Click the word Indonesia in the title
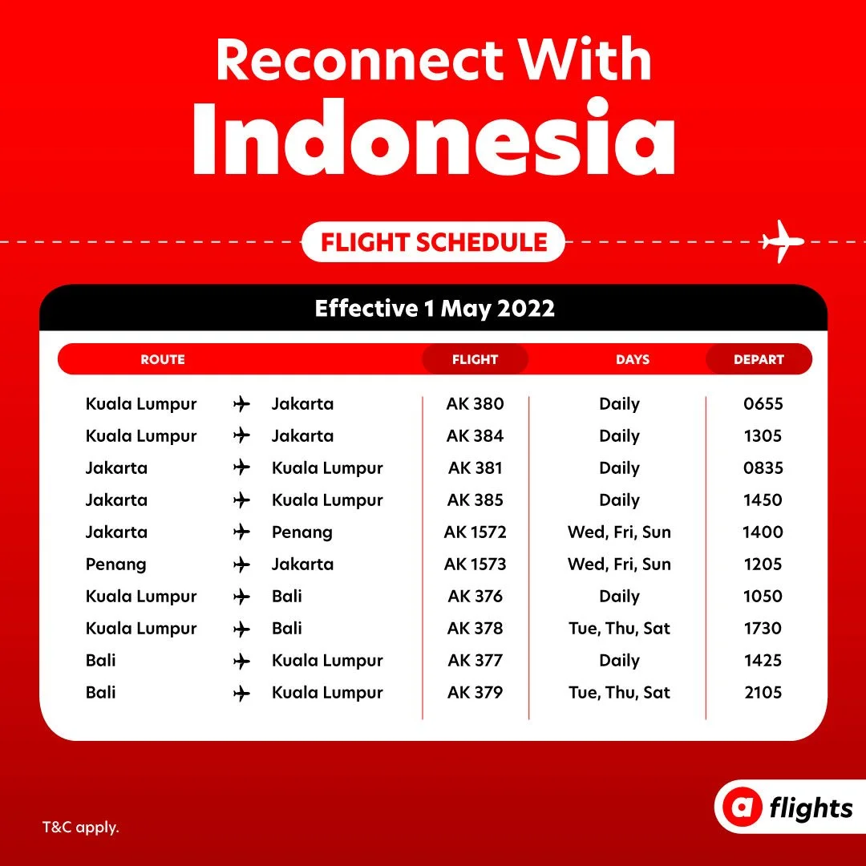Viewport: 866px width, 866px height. [x=434, y=138]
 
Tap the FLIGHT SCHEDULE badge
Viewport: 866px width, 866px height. [x=434, y=242]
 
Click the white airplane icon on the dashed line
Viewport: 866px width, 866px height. [x=782, y=241]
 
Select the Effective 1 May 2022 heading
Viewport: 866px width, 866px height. [x=435, y=308]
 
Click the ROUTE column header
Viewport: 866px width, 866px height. [x=162, y=359]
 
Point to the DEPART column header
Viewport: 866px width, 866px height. [x=759, y=359]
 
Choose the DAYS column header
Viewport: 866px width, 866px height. [x=633, y=359]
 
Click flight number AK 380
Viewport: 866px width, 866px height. [x=475, y=403]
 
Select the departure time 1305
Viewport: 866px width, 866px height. [x=763, y=435]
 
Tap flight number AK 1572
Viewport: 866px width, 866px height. [x=475, y=532]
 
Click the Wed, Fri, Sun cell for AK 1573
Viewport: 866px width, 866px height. [x=619, y=564]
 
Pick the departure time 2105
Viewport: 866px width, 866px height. [x=763, y=692]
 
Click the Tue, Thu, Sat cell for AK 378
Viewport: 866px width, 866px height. [x=619, y=628]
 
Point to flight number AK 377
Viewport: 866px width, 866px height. [x=475, y=660]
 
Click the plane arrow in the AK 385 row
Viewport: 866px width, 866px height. [x=241, y=500]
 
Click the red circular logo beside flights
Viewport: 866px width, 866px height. [x=742, y=807]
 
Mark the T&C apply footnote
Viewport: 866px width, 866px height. [x=81, y=828]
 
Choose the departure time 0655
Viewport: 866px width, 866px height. [x=763, y=403]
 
